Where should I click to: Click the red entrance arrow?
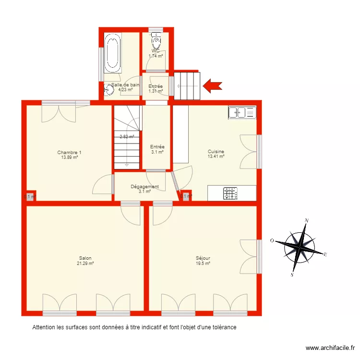212,86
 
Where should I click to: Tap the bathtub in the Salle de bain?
112,52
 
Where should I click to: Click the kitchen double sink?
242,112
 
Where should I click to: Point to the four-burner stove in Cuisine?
230,193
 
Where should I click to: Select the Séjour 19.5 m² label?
203,261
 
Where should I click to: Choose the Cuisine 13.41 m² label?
216,154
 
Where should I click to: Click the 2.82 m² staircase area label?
127,137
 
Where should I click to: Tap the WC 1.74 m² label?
156,53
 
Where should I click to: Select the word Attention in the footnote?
43,328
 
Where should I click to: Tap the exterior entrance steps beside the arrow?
187,86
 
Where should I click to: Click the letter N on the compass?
307,221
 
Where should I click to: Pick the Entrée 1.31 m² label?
156,88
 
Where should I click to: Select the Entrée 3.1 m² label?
157,149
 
